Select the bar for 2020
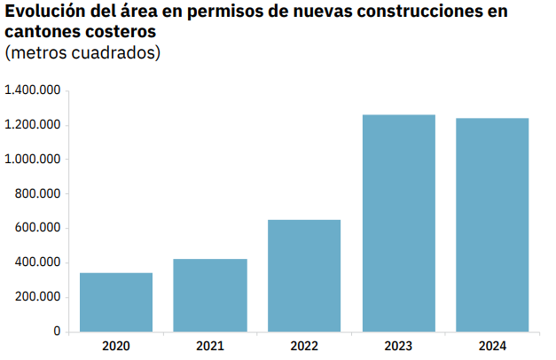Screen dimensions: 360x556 pos(116,301)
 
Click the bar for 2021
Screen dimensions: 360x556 pos(210,295)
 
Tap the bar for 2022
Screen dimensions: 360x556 pos(304,275)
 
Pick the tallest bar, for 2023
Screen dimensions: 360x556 pos(399,223)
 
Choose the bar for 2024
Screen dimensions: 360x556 pos(492,224)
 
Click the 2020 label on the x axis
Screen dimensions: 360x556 pos(116,345)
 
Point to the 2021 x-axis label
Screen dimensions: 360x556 pos(210,345)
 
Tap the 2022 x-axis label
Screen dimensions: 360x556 pos(304,345)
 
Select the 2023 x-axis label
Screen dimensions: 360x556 pos(399,345)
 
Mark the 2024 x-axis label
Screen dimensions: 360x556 pos(492,345)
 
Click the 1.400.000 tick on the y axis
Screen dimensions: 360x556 pos(32,90)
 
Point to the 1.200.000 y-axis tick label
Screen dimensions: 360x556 pos(32,125)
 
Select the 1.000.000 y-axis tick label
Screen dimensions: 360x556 pos(32,160)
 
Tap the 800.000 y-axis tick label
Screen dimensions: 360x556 pos(37,194)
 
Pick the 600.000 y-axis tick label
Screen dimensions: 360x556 pos(37,228)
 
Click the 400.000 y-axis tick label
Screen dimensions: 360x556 pos(37,262)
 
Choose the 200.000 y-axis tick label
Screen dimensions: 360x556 pos(37,297)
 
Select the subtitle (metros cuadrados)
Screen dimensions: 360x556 pos(82,53)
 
